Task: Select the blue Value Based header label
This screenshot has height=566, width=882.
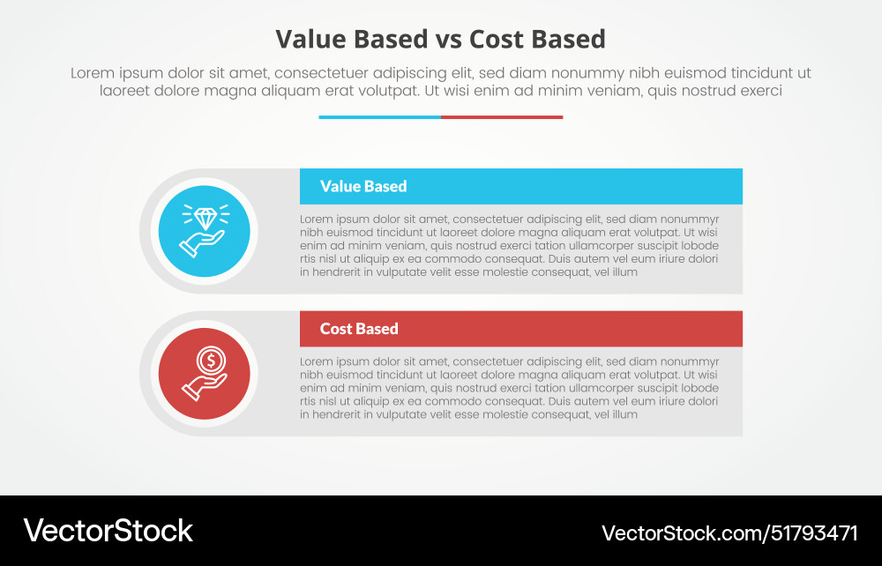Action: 363,186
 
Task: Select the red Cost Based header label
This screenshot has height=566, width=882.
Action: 359,329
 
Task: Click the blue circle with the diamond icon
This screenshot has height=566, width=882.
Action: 204,231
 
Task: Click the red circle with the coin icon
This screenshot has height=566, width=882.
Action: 204,374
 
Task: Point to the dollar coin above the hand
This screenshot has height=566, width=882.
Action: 210,360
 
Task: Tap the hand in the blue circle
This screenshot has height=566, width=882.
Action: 201,242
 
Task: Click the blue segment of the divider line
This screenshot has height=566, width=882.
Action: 379,116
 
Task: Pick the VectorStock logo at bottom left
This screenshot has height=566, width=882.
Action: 108,531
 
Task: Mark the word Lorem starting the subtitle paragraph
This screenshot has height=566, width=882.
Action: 90,74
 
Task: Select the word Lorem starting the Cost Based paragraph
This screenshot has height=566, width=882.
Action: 317,361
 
